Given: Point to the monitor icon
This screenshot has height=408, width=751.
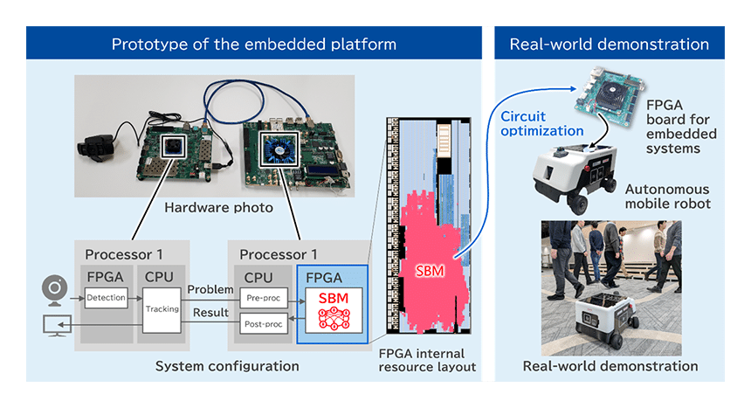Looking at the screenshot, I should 54,327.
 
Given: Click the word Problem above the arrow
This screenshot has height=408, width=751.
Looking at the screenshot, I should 210,289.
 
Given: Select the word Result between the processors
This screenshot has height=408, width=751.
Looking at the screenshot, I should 210,311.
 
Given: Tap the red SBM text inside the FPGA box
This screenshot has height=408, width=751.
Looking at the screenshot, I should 333,297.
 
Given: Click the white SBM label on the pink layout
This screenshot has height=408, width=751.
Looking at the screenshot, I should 430,271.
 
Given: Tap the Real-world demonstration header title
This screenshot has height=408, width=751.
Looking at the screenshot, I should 609,45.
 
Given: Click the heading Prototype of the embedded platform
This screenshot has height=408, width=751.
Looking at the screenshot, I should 253,45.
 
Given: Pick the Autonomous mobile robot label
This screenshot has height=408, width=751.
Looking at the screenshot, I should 667,197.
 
